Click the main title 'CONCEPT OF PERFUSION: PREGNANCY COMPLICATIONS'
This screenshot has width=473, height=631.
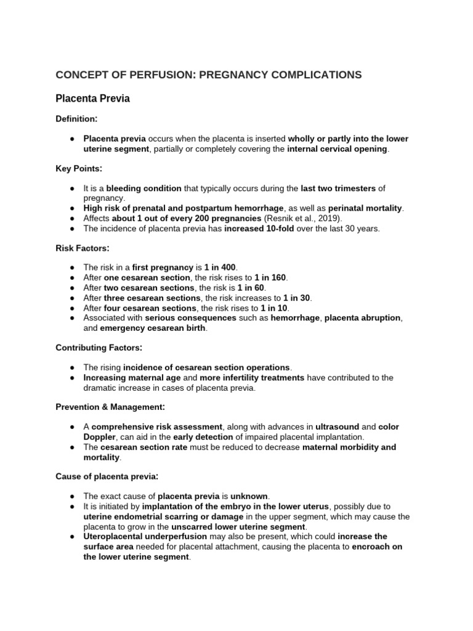pos(209,75)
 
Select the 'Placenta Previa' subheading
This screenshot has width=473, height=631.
pos(92,99)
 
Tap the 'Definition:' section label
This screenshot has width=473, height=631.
pos(77,118)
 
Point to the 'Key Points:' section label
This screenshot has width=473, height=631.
pos(79,168)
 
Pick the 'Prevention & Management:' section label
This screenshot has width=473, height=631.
pos(110,407)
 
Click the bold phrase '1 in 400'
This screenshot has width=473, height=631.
pos(220,267)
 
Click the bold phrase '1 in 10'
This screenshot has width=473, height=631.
pos(274,307)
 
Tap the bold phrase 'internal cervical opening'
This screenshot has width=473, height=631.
pos(338,149)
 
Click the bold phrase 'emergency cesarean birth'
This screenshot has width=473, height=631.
pos(153,328)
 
